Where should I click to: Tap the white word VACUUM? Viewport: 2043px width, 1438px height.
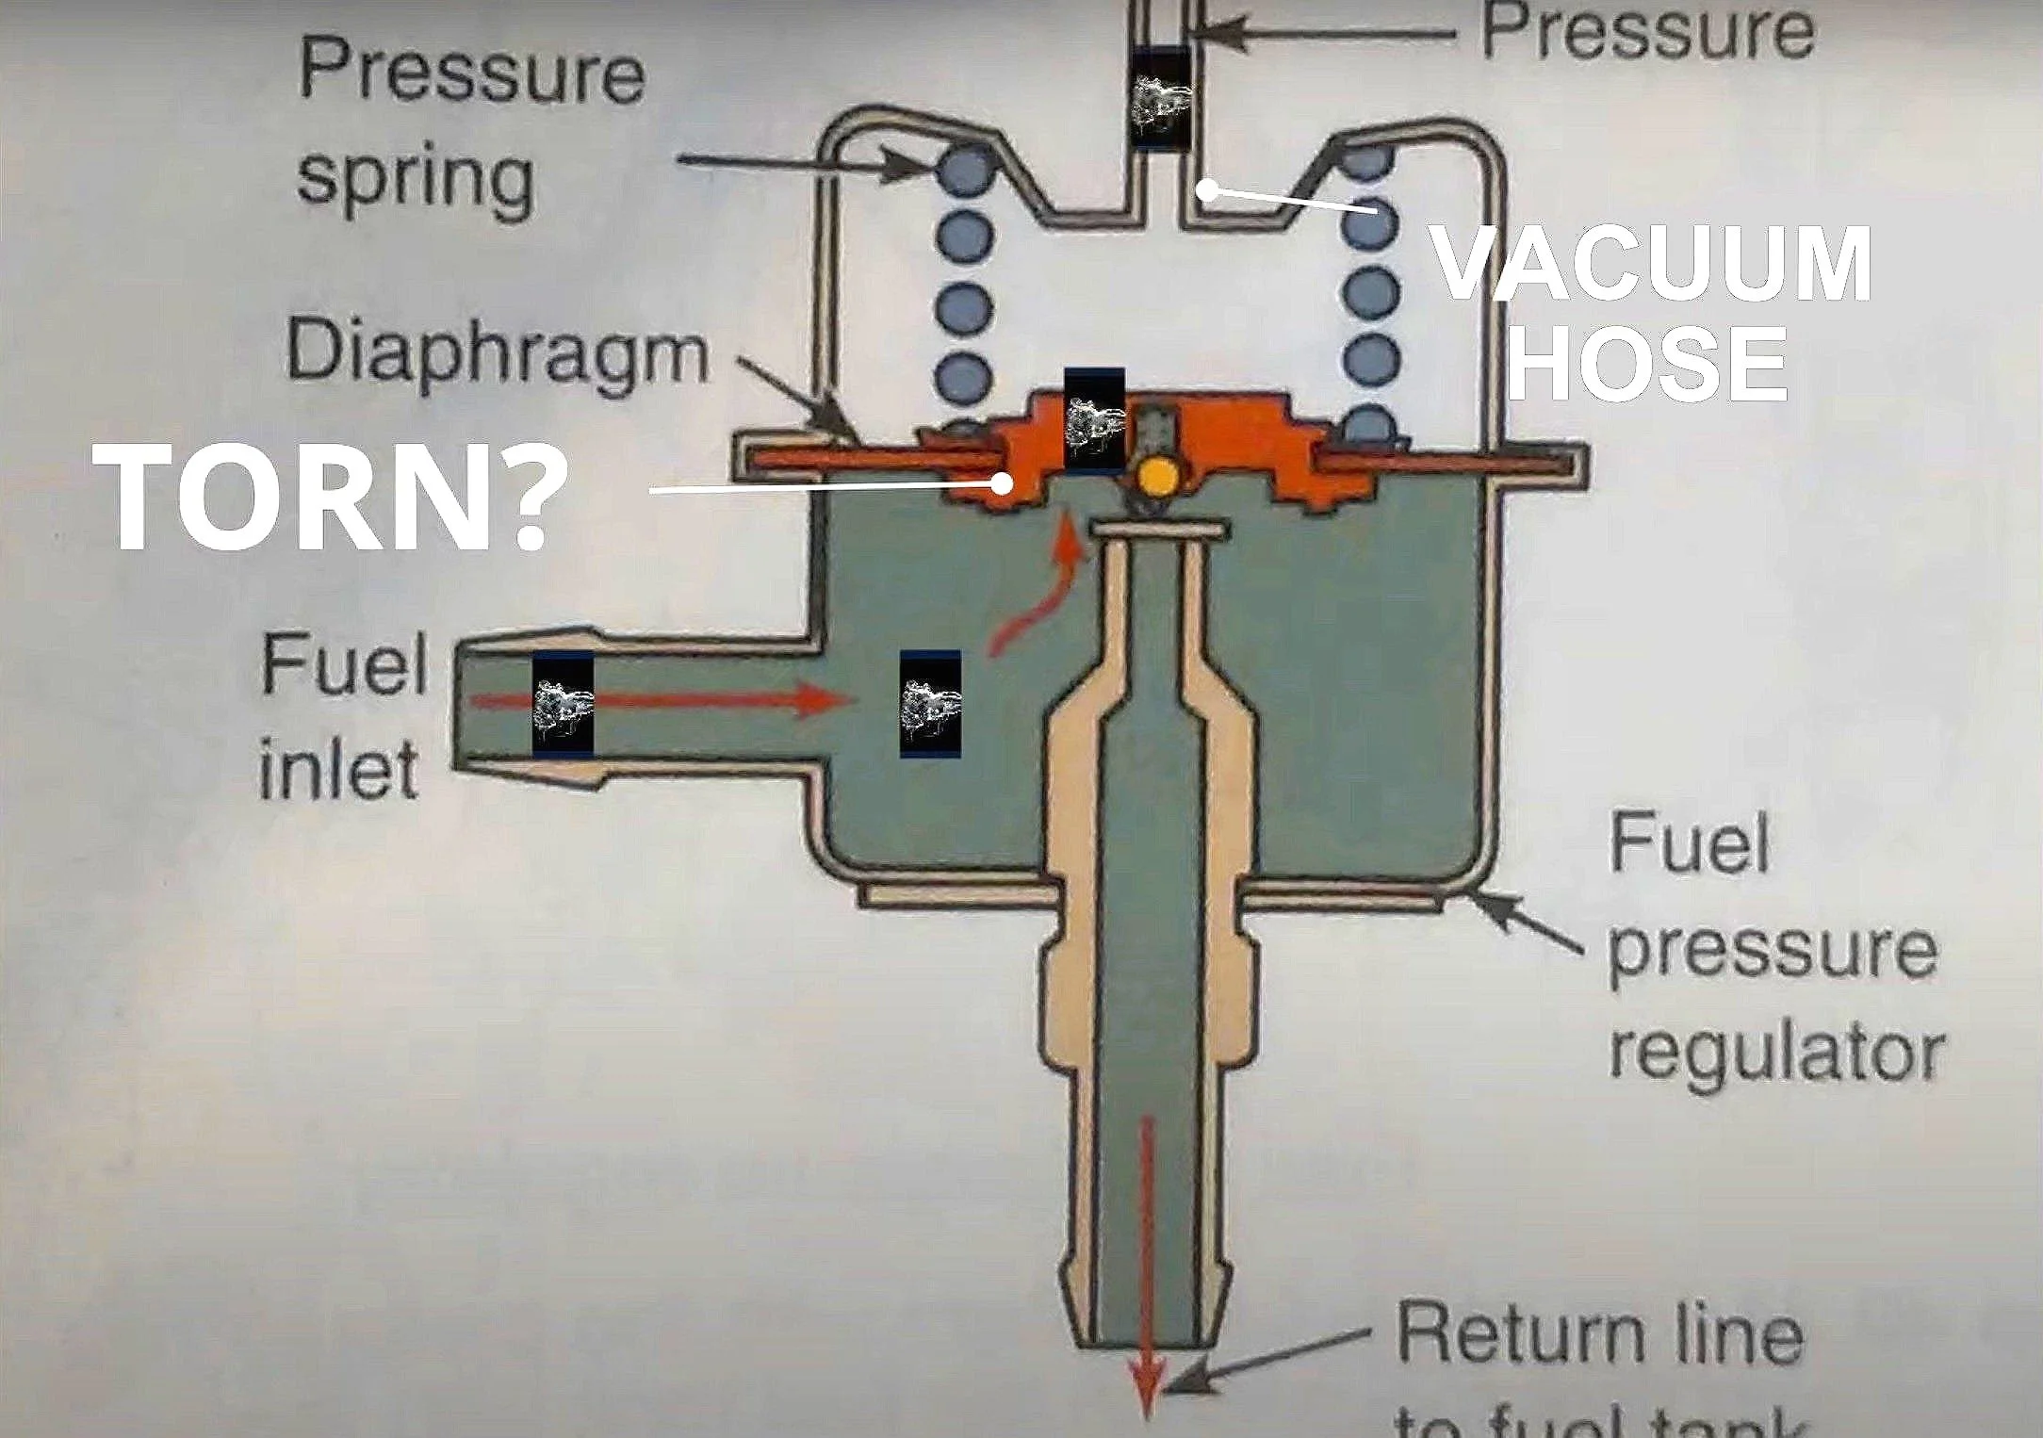[1651, 264]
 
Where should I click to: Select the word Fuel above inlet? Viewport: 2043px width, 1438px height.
[345, 665]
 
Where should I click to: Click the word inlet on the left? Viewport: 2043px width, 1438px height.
[337, 769]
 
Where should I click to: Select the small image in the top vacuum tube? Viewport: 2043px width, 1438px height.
[1161, 97]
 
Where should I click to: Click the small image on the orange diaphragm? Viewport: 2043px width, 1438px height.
[1094, 420]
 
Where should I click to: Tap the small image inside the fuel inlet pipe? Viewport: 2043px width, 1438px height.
[563, 703]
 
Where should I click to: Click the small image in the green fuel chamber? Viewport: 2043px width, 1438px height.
[930, 703]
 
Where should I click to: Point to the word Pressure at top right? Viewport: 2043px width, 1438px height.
[1647, 32]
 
